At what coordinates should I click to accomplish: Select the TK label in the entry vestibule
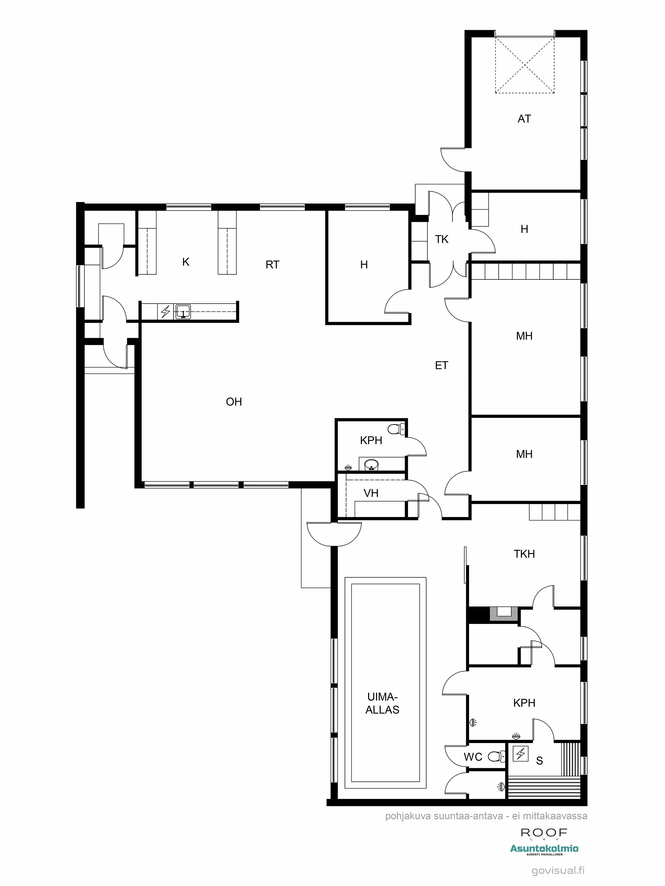pos(441,239)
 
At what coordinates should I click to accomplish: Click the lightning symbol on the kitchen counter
pos(165,311)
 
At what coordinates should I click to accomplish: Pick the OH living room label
pos(234,402)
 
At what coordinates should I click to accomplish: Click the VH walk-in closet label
pos(371,493)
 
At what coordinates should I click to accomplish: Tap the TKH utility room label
pos(524,554)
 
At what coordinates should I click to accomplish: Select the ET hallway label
pos(441,365)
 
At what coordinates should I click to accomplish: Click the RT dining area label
pos(272,264)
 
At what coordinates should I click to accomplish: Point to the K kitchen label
pos(186,262)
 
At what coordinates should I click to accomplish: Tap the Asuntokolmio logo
pos(544,848)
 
